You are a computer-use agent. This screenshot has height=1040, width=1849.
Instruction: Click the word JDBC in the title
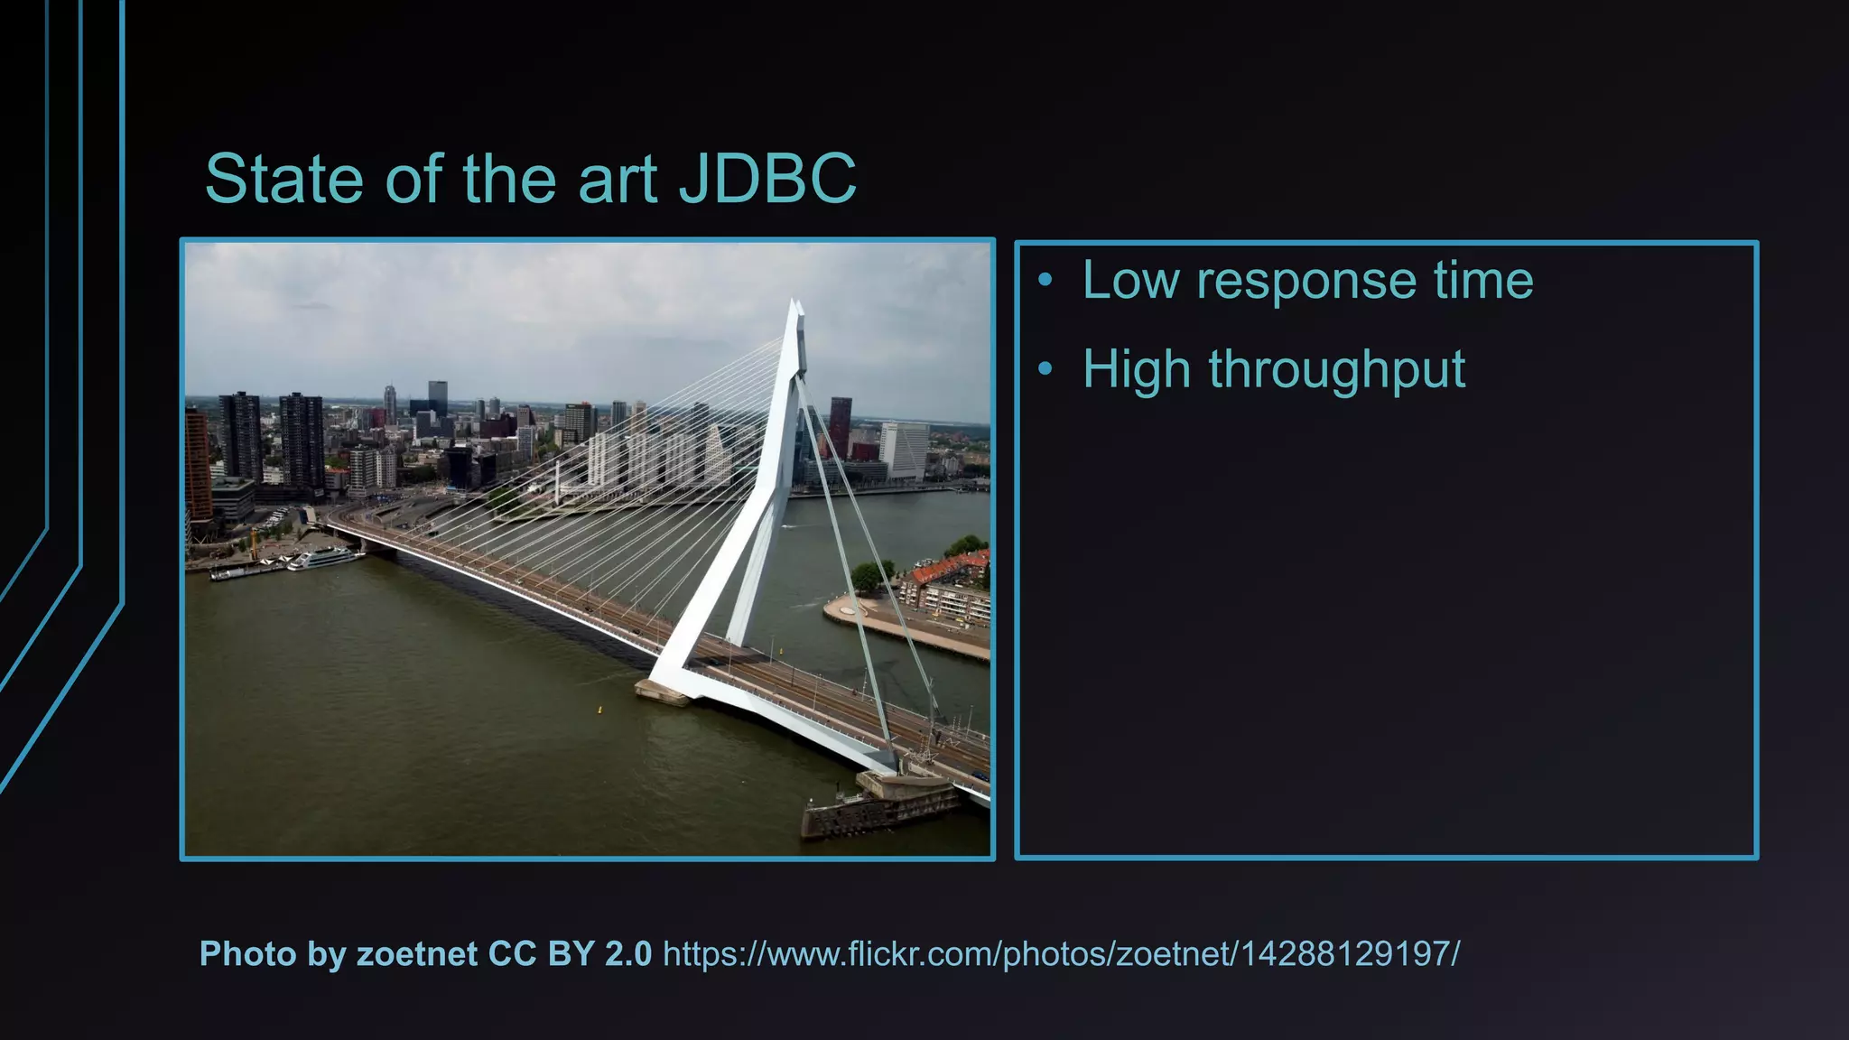(767, 179)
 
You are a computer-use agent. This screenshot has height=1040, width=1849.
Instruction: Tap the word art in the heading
(617, 179)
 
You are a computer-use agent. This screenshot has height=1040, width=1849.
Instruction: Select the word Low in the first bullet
(1130, 280)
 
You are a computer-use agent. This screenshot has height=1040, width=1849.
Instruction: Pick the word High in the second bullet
(1137, 370)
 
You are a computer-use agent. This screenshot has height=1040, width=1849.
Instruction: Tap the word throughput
(1337, 370)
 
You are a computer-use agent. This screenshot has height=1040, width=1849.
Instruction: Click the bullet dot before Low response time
(1045, 280)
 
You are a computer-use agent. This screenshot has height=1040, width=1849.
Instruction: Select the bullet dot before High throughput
(1045, 368)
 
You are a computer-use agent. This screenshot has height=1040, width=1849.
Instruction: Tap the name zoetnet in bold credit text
(417, 954)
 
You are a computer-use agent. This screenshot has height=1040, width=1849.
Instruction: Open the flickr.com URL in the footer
(1061, 954)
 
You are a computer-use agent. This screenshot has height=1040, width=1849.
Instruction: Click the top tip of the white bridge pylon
(794, 304)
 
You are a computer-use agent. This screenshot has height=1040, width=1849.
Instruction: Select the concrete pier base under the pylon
(664, 692)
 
